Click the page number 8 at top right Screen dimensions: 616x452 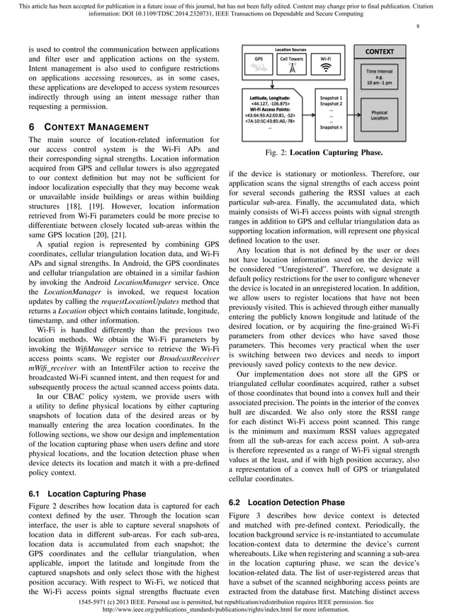[x=418, y=26]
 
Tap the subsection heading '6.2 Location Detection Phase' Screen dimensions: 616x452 [x=287, y=502]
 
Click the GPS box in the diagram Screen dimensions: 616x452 [x=260, y=64]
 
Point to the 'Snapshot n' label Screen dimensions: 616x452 [x=331, y=127]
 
